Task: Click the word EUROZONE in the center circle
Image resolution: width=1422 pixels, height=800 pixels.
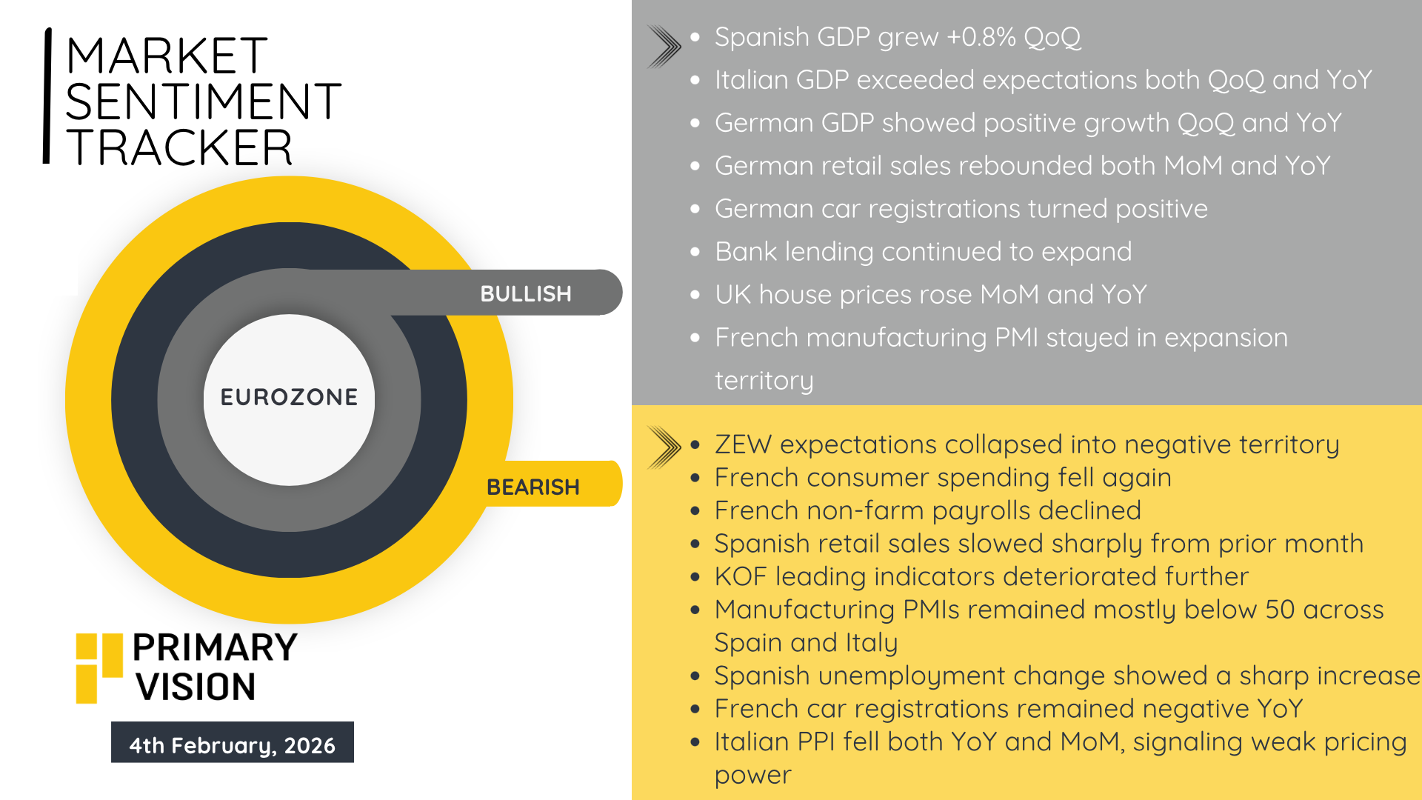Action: pyautogui.click(x=289, y=397)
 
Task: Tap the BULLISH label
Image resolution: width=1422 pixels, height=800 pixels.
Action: pyautogui.click(x=526, y=294)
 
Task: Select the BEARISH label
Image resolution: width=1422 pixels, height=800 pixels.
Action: pyautogui.click(x=533, y=487)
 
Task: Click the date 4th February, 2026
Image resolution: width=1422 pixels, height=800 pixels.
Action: pyautogui.click(x=233, y=745)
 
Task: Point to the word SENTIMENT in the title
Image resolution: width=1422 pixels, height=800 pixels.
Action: pyautogui.click(x=204, y=101)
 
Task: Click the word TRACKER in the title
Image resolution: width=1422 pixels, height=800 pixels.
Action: pyautogui.click(x=180, y=147)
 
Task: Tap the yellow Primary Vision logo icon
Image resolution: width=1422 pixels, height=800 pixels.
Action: pyautogui.click(x=99, y=668)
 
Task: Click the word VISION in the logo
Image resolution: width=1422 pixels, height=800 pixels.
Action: pyautogui.click(x=196, y=687)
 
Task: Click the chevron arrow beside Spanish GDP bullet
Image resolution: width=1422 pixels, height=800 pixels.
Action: pyautogui.click(x=664, y=47)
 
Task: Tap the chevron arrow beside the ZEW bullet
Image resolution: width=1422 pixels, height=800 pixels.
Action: pyautogui.click(x=664, y=447)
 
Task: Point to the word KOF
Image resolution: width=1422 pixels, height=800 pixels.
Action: pyautogui.click(x=741, y=576)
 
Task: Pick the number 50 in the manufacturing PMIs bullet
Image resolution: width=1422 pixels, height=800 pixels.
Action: pyautogui.click(x=1280, y=610)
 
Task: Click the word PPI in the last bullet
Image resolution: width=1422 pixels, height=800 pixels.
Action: pyautogui.click(x=816, y=741)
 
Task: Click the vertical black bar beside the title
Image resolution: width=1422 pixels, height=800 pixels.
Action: pyautogui.click(x=47, y=96)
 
